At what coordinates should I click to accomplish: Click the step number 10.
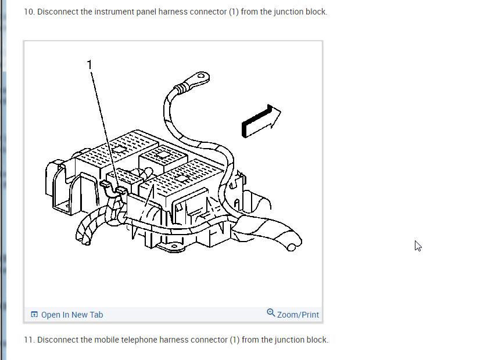pyautogui.click(x=28, y=12)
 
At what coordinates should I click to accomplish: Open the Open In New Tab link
pyautogui.click(x=72, y=315)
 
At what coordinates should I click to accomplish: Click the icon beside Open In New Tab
pyautogui.click(x=34, y=315)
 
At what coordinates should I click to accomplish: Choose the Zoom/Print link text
pyautogui.click(x=298, y=315)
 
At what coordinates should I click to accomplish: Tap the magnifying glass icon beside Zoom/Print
pyautogui.click(x=271, y=313)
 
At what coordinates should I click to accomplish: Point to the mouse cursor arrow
pyautogui.click(x=417, y=245)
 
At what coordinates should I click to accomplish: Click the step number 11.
pyautogui.click(x=28, y=340)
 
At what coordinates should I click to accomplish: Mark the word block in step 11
pyautogui.click(x=318, y=340)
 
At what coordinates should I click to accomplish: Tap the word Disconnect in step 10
pyautogui.click(x=58, y=12)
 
